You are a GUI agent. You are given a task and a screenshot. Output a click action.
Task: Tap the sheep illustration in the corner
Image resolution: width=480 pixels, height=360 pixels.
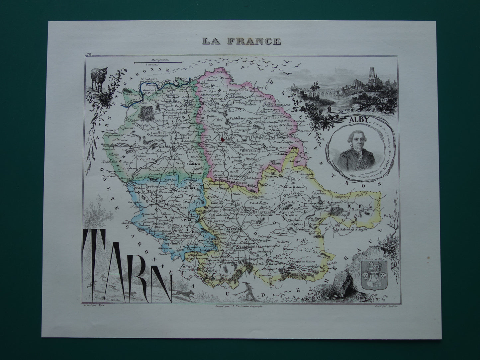[x=99, y=78]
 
